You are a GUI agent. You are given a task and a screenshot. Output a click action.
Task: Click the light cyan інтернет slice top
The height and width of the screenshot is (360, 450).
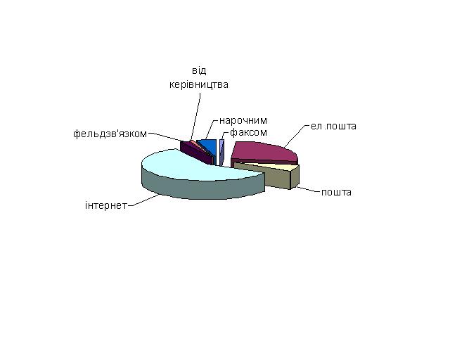pyautogui.click(x=195, y=167)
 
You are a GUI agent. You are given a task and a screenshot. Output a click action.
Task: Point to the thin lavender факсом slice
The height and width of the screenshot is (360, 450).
pyautogui.click(x=221, y=152)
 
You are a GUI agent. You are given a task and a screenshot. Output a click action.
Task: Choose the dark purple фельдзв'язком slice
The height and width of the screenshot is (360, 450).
pyautogui.click(x=196, y=152)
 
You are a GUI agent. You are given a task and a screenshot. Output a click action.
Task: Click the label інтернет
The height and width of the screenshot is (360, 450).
pyautogui.click(x=106, y=205)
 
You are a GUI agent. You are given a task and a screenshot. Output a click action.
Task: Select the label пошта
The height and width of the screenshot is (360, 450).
pyautogui.click(x=336, y=192)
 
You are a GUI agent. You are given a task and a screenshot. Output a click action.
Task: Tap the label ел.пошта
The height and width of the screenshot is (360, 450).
pyautogui.click(x=333, y=126)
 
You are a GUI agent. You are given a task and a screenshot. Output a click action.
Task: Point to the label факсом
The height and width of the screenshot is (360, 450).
pyautogui.click(x=248, y=132)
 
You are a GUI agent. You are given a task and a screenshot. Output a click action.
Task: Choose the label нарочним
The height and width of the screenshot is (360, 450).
pyautogui.click(x=243, y=120)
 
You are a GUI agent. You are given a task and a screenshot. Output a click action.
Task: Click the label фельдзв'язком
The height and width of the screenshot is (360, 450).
pyautogui.click(x=110, y=134)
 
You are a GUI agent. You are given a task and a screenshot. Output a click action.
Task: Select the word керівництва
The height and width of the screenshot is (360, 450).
pyautogui.click(x=199, y=84)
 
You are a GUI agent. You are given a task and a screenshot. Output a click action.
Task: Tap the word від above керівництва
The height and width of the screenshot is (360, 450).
pyautogui.click(x=199, y=70)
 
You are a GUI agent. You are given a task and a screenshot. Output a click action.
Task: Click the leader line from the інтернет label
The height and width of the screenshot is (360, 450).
pyautogui.click(x=143, y=200)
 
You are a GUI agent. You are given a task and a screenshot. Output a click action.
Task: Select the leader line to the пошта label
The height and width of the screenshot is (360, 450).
pyautogui.click(x=309, y=189)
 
